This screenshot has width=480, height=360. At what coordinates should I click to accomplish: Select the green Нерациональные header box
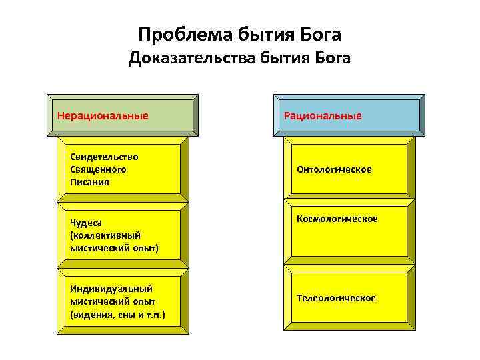(x=123, y=115)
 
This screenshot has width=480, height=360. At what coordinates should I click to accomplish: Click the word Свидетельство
(x=104, y=157)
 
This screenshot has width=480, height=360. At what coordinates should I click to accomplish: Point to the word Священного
(x=98, y=169)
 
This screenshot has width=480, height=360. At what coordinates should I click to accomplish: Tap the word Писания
(x=89, y=181)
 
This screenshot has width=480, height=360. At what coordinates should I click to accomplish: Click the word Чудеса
(x=86, y=223)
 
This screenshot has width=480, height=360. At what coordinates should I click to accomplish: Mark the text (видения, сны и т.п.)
(x=118, y=314)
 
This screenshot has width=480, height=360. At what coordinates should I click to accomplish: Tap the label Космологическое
(x=337, y=219)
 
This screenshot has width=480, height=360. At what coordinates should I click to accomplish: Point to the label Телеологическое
(x=337, y=298)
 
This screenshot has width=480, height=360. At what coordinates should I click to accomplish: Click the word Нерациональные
(x=103, y=115)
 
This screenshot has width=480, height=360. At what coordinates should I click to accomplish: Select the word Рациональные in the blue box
(x=323, y=116)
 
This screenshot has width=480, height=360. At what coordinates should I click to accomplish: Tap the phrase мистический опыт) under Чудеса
(x=114, y=248)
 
